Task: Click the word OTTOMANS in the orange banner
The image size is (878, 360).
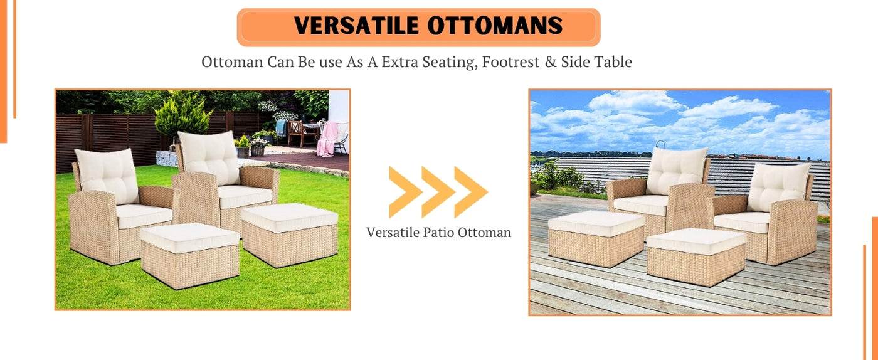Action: [x=495, y=26]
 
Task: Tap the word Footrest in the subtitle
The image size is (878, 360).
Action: [x=510, y=62]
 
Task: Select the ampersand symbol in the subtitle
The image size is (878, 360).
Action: [x=551, y=62]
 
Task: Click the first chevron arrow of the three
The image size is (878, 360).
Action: [x=406, y=192]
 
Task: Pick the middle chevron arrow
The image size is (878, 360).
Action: [x=438, y=192]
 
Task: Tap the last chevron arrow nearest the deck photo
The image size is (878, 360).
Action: [x=471, y=192]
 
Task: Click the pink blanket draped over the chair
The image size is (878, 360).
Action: [x=327, y=139]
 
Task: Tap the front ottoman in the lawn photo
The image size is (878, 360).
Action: [x=189, y=255]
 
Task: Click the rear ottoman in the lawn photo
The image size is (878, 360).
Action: [x=289, y=235]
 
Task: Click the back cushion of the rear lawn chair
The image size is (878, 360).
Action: [x=209, y=157]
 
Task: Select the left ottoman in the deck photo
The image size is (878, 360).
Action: [x=596, y=238]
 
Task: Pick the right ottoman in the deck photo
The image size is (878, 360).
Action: [x=696, y=257]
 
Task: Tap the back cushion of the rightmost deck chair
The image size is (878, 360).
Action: [x=778, y=187]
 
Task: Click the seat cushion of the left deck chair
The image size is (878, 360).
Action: [x=641, y=204]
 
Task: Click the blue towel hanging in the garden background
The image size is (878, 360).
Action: [x=281, y=127]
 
